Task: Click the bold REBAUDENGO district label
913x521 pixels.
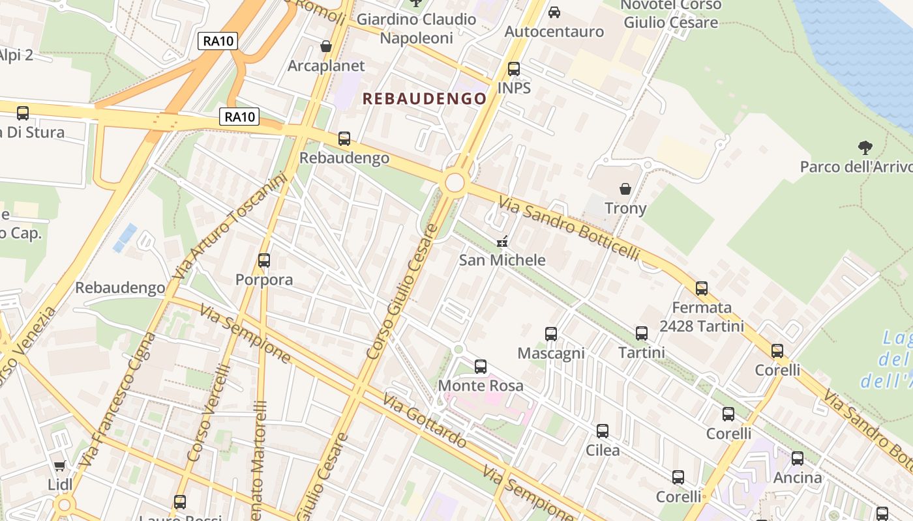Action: point(424,99)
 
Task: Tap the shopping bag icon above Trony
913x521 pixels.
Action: point(625,189)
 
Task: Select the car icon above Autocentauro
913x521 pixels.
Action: point(554,12)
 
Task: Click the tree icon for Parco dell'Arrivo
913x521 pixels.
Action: point(865,147)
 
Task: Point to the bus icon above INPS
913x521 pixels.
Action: point(514,68)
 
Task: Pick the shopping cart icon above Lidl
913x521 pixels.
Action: point(60,466)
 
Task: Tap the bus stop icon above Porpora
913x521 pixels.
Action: point(264,260)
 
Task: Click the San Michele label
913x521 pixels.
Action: point(502,260)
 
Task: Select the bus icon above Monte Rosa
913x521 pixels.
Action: point(481,366)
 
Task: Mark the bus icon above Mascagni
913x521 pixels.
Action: point(551,333)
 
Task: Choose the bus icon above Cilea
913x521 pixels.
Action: point(603,430)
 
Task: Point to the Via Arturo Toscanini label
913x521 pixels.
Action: point(230,225)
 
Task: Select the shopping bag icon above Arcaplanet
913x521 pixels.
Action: point(326,46)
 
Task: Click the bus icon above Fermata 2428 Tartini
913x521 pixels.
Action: point(702,288)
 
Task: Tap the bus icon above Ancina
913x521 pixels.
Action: point(797,458)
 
